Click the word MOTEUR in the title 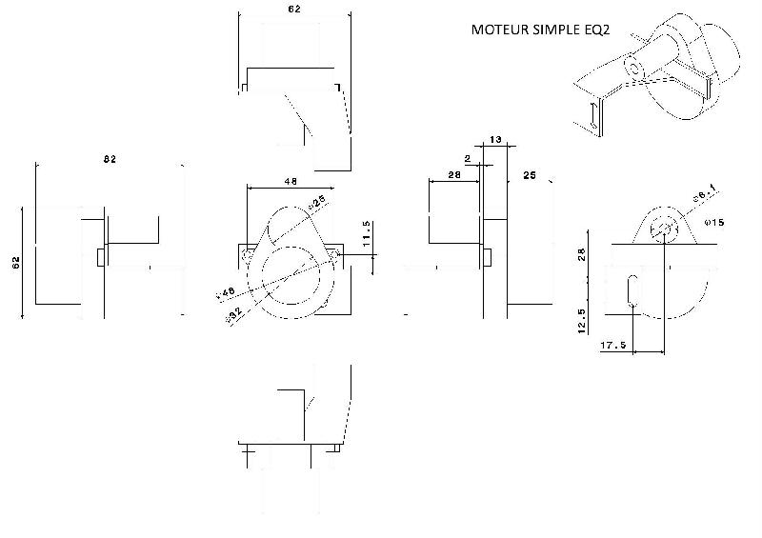(x=501, y=30)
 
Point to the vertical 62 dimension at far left (x=16, y=263)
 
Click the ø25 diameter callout (x=316, y=201)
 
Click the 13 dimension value (x=494, y=140)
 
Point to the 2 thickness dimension (x=469, y=158)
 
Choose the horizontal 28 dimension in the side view (x=453, y=176)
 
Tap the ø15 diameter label (x=713, y=222)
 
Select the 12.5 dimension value (x=581, y=317)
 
